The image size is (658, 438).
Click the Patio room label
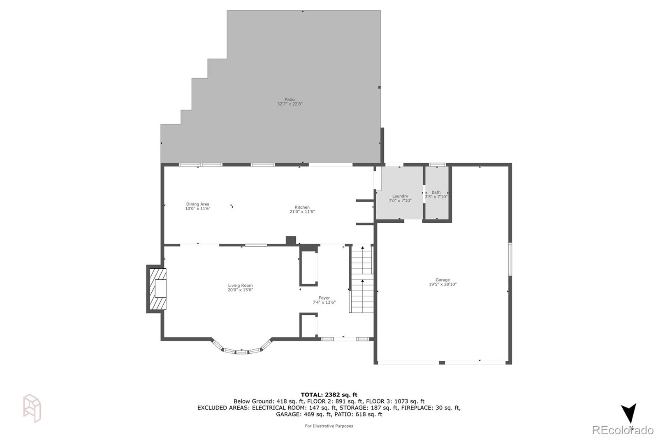(x=290, y=99)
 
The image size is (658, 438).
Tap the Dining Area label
(x=197, y=204)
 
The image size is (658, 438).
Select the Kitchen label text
(x=302, y=207)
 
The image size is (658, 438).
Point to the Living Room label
(x=240, y=286)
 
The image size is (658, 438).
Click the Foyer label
(x=324, y=298)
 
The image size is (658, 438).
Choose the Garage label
(x=443, y=280)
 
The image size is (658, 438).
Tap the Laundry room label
(x=400, y=196)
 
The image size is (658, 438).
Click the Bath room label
(x=436, y=192)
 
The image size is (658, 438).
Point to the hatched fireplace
(x=158, y=288)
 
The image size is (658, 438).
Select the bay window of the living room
(x=242, y=350)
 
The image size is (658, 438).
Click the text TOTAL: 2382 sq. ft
(x=329, y=395)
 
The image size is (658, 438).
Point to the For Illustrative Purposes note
(x=329, y=426)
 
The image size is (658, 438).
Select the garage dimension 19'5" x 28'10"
(x=443, y=284)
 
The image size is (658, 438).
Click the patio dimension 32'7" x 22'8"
(x=290, y=104)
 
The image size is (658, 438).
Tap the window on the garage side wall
(x=510, y=259)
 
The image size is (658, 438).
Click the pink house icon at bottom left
(x=32, y=408)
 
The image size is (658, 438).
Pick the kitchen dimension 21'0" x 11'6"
(x=302, y=212)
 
